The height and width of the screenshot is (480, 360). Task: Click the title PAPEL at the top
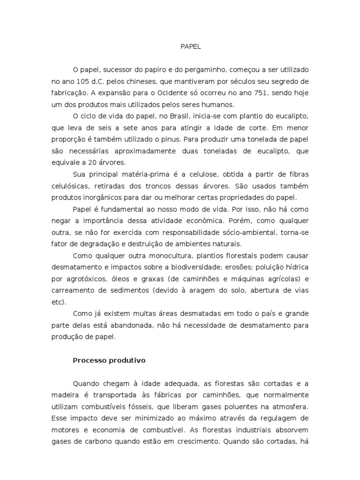pyautogui.click(x=190, y=47)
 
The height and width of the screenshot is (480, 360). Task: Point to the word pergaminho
pyautogui.click(x=202, y=69)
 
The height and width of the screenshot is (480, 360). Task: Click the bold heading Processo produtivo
pyautogui.click(x=109, y=360)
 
